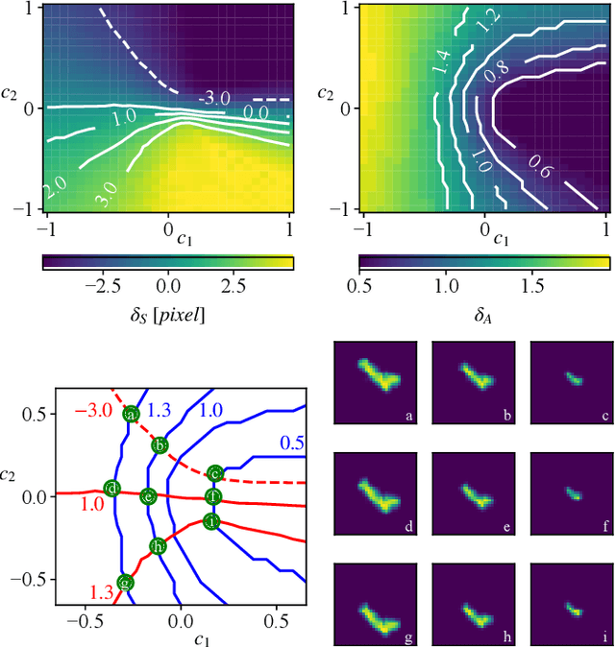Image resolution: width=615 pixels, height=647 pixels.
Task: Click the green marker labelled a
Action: pyautogui.click(x=131, y=414)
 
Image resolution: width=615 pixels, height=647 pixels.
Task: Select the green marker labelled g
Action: pyautogui.click(x=124, y=583)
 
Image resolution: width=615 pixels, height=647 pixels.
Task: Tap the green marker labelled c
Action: pyautogui.click(x=215, y=473)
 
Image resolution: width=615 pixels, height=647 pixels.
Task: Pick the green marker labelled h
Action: pyautogui.click(x=158, y=546)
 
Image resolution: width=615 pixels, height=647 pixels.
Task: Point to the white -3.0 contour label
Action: pyautogui.click(x=213, y=98)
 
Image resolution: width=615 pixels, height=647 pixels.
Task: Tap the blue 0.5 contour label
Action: pyautogui.click(x=292, y=443)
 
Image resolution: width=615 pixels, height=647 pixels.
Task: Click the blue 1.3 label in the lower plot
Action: pyautogui.click(x=160, y=410)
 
